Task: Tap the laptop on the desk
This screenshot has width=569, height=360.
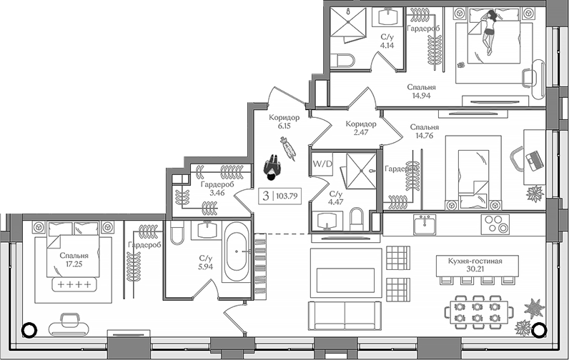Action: [534, 159]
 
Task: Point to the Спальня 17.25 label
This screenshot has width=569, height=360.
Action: [74, 259]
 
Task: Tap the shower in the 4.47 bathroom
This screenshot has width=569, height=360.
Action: [357, 169]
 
